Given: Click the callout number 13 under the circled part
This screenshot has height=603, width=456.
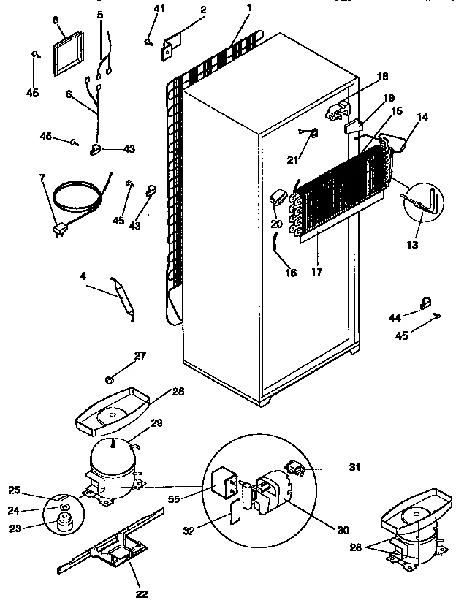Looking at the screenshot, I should [414, 245].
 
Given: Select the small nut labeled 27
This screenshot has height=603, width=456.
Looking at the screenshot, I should [108, 379].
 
